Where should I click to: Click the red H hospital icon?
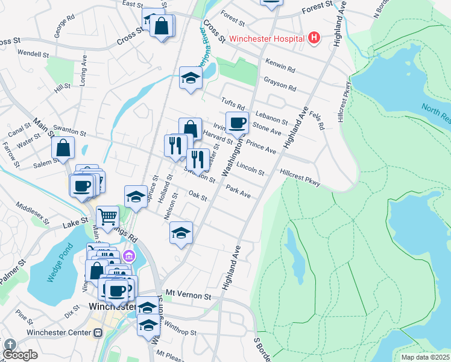coord(314,38)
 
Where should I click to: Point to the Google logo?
coord(20,355)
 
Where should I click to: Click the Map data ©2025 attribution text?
coord(425,357)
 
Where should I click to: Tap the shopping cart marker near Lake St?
coord(107,216)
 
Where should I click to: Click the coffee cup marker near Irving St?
coord(237,122)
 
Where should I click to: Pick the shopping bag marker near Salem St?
coord(63,148)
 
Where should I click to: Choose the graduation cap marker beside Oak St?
coord(136,196)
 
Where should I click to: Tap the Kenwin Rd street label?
coord(280,65)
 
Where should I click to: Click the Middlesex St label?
coord(32,214)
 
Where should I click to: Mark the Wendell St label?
coord(33,54)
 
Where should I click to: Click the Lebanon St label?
coord(271,116)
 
